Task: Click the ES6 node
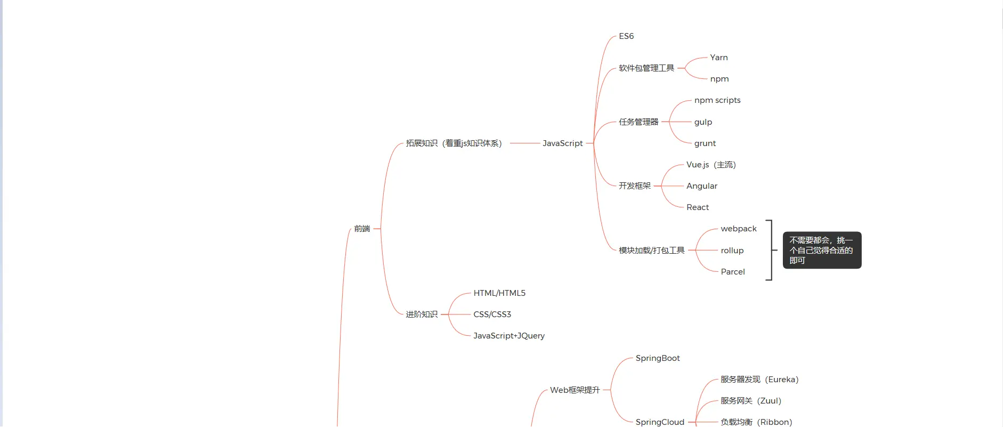click(626, 36)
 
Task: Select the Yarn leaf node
click(718, 58)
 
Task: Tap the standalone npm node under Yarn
click(719, 79)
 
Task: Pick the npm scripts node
click(717, 100)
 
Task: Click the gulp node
click(703, 122)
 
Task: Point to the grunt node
click(705, 143)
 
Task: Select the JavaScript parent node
click(562, 143)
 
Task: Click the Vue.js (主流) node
click(710, 165)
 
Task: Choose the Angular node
click(701, 186)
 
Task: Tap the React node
click(697, 207)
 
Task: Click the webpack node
click(738, 229)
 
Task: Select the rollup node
click(732, 251)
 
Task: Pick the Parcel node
click(732, 272)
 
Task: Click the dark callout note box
click(821, 250)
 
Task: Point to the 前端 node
click(362, 229)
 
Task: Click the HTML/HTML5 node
click(499, 293)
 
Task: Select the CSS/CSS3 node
click(492, 315)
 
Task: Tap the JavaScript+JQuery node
click(508, 336)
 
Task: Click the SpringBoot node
click(657, 358)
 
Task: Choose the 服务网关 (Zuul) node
click(750, 401)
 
